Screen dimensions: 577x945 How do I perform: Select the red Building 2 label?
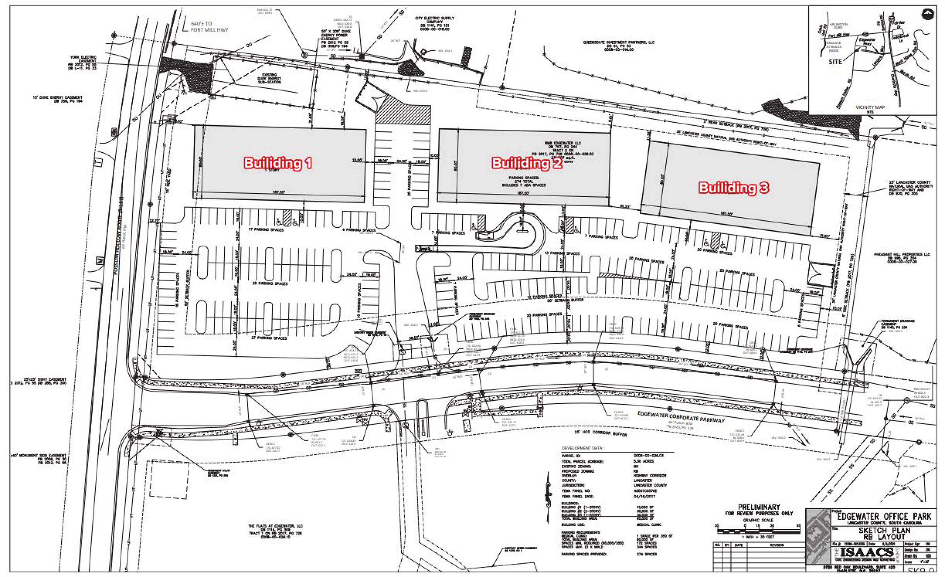[527, 163]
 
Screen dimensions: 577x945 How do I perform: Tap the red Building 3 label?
[734, 187]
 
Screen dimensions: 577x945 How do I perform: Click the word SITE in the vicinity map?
[835, 62]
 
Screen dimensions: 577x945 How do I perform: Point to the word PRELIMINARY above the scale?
[759, 507]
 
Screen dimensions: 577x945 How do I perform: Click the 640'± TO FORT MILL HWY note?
[209, 26]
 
